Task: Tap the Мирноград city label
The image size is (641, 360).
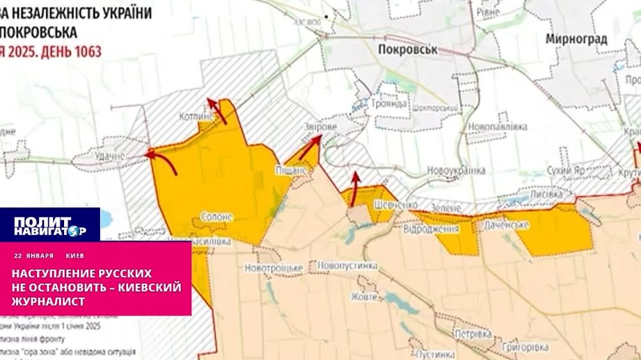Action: pos(576,39)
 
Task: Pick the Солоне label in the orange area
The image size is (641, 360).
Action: pos(217,217)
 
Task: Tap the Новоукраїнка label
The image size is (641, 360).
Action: pos(456,170)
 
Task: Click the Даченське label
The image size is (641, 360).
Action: pos(506,224)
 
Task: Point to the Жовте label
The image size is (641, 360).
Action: pos(363,297)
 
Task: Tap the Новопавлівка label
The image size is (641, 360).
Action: pos(497,127)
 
